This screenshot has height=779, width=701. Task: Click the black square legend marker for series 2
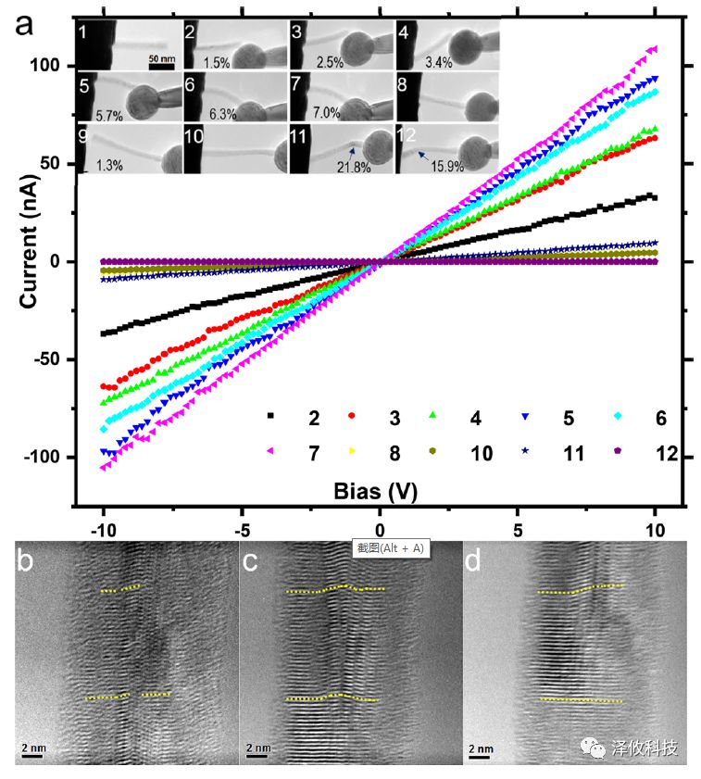pyautogui.click(x=269, y=417)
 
